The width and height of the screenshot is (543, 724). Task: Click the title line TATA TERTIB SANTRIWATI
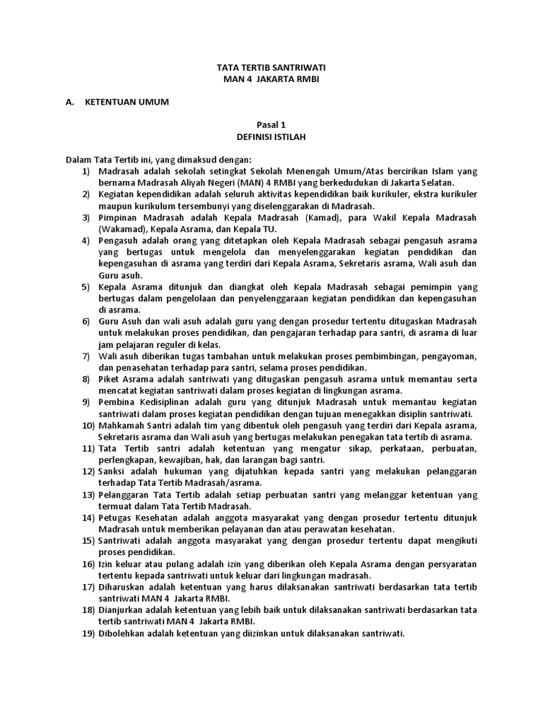coord(271,67)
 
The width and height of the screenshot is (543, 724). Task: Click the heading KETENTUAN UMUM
coord(127,102)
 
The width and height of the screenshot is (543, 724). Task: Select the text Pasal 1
coord(271,124)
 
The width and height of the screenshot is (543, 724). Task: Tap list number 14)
coord(88,518)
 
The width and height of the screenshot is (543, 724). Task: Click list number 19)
coord(88,633)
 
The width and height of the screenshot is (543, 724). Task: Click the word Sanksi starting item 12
coord(114,472)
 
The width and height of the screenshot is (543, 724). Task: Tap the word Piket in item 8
coord(111,379)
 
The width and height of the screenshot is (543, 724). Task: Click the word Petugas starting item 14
coord(117,518)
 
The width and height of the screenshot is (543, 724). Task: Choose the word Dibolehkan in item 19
coord(125,633)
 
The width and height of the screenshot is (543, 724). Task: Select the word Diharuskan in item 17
coord(125,587)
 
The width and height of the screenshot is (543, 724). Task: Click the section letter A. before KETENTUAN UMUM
coord(69,102)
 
